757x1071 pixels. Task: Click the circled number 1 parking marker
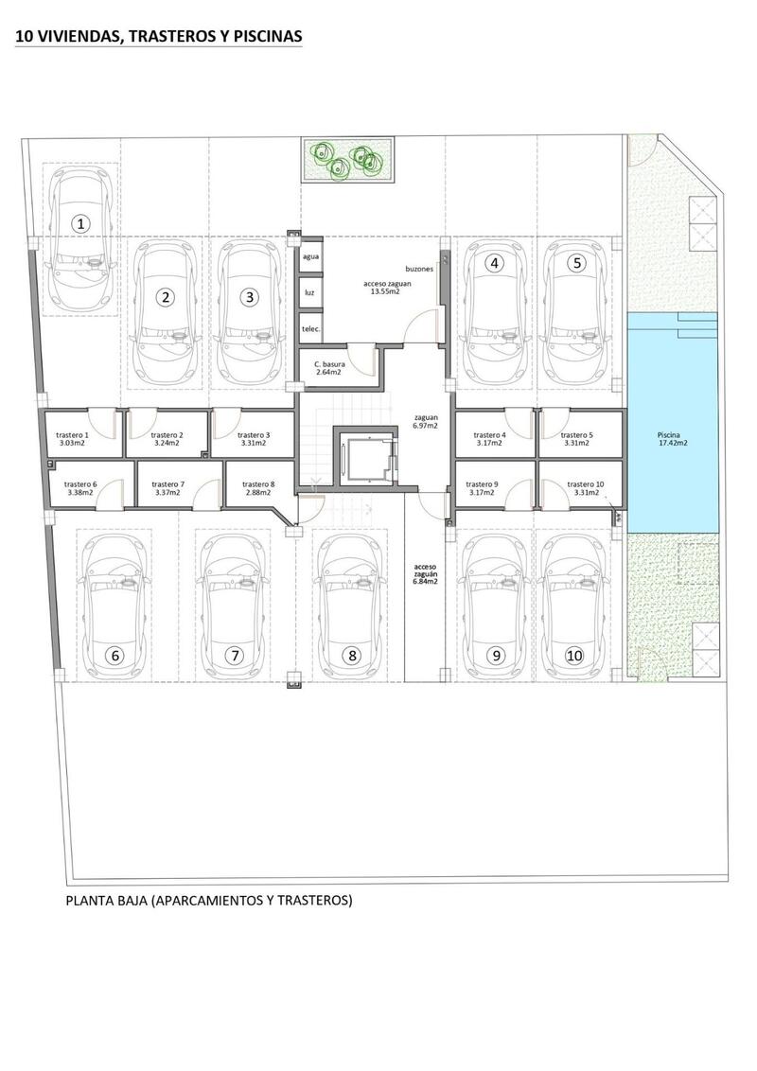[81, 224]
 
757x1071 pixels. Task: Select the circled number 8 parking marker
[351, 655]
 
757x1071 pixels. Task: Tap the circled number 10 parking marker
[574, 655]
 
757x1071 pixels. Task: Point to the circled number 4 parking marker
[493, 264]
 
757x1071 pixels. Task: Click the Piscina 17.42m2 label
[673, 439]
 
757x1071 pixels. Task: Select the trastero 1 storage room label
[73, 438]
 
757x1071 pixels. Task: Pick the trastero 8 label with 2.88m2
[257, 488]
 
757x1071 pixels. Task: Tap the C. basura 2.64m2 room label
[327, 367]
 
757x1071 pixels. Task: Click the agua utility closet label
[309, 256]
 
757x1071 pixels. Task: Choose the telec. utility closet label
[310, 328]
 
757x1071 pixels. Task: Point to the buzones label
[419, 268]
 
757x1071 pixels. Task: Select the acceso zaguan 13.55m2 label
[387, 288]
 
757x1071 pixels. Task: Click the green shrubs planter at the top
[348, 159]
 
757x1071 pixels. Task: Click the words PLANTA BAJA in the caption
[105, 901]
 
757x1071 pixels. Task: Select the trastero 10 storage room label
[584, 488]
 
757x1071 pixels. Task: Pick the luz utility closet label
[309, 292]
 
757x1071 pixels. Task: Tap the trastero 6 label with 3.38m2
[83, 488]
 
